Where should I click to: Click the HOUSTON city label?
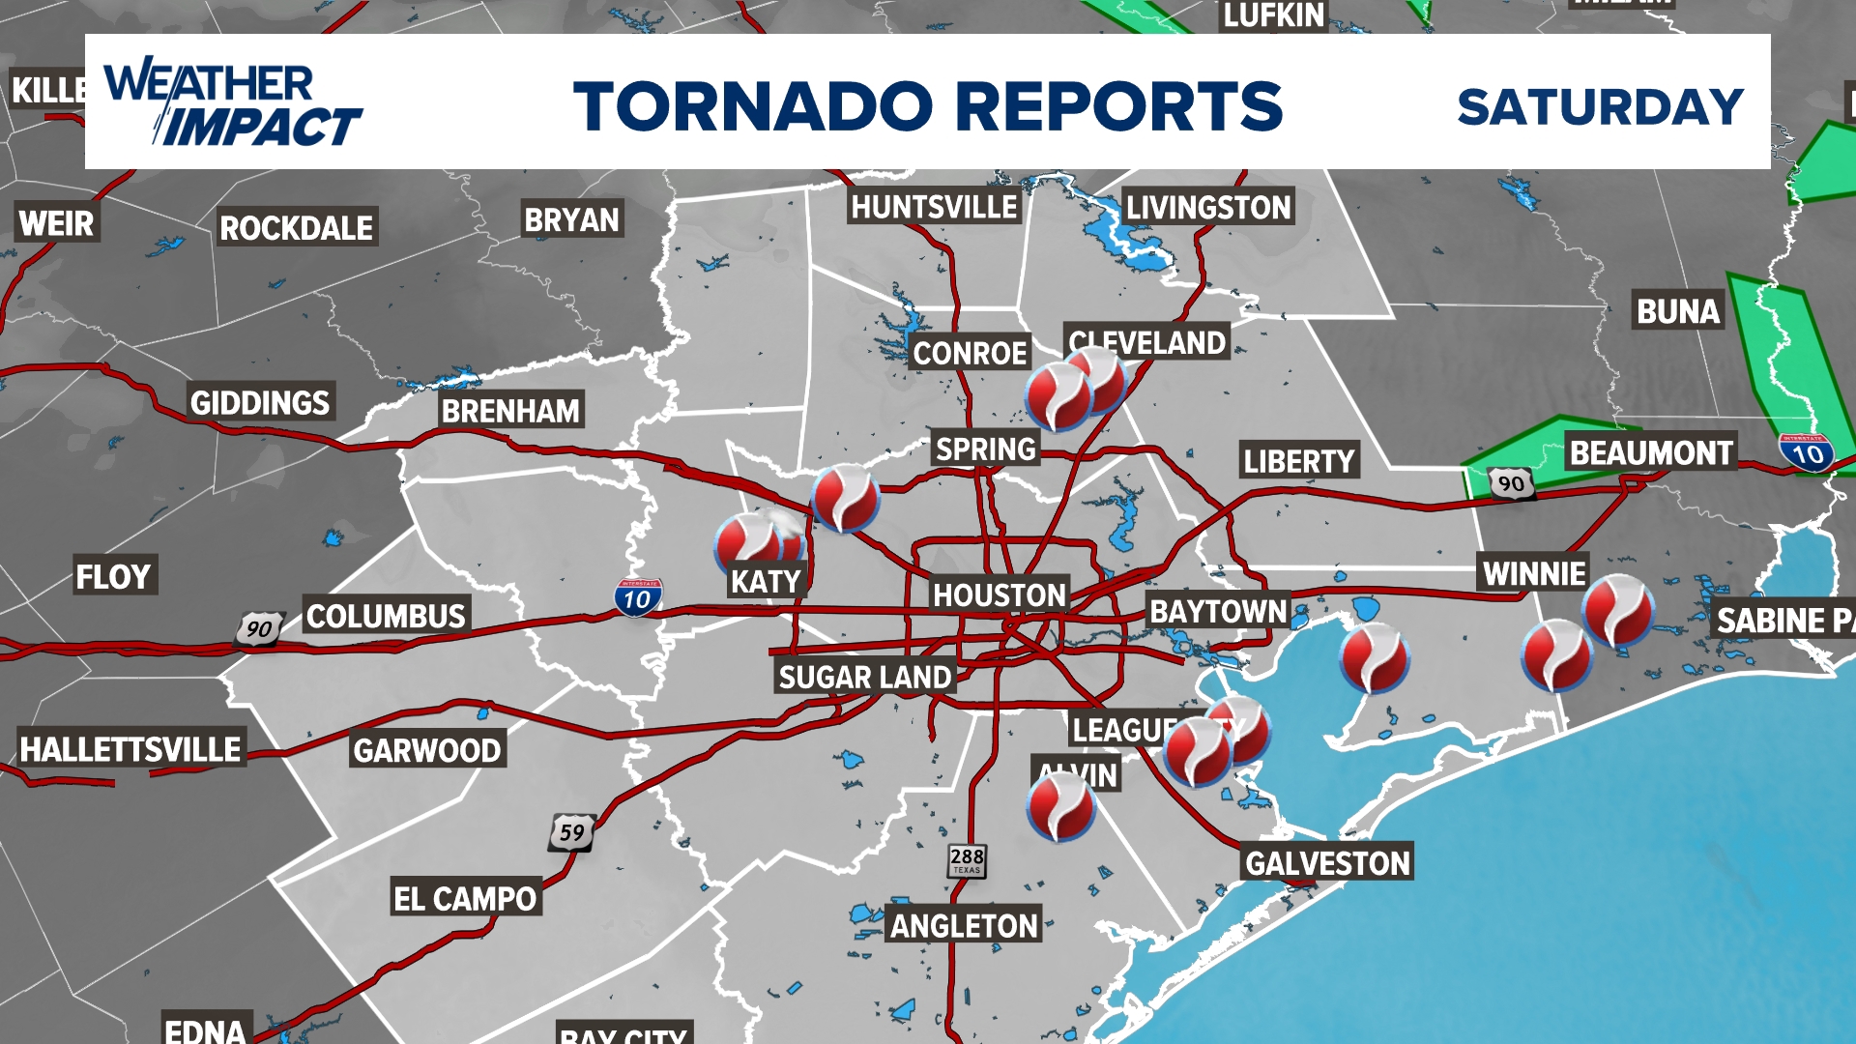999,594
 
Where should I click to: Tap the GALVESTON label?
1327,862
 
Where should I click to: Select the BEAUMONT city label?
1650,452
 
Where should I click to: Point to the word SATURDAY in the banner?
1600,106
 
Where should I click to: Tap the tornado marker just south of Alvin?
1060,807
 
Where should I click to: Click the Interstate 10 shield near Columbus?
637,598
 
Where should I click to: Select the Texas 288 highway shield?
967,859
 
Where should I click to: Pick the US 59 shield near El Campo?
571,832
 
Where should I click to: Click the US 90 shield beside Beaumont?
1511,483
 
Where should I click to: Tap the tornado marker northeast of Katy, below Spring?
845,498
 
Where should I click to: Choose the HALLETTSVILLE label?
130,749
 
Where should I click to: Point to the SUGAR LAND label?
864,677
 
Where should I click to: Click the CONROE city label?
970,353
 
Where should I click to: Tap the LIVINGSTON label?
1207,207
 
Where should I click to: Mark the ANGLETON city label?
964,925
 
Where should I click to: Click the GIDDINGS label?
259,402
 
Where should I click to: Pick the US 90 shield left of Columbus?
259,629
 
